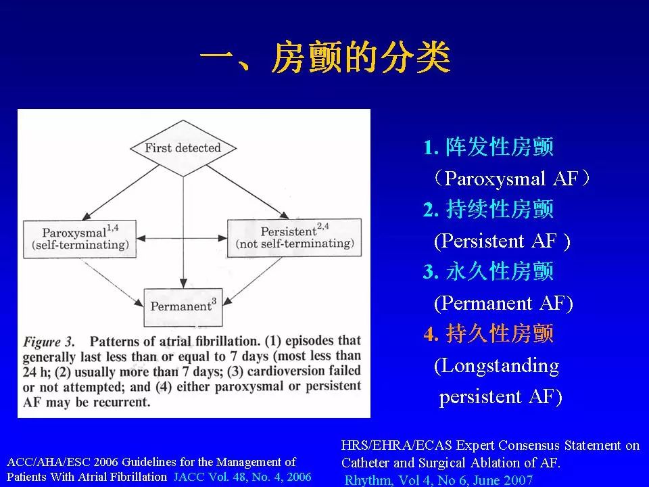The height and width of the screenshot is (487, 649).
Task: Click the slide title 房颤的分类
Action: (324, 59)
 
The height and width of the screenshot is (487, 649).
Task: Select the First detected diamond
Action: (183, 147)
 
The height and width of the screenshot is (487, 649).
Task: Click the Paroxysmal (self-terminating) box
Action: (79, 238)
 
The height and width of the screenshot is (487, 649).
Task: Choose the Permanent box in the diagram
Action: (183, 306)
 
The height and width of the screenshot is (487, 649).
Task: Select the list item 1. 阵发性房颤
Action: (488, 147)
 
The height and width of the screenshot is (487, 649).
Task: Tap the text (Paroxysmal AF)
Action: (512, 179)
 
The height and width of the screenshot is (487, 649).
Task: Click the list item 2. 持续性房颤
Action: (488, 210)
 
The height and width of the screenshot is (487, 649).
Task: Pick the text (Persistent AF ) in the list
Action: (502, 241)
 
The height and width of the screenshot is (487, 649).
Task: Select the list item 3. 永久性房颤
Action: (488, 272)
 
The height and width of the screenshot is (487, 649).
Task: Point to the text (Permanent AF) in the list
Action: (503, 303)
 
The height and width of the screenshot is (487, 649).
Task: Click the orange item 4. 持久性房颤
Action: (488, 334)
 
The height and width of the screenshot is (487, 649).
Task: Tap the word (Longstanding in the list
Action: (496, 366)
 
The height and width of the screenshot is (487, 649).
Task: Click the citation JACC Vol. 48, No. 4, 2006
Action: (242, 476)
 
